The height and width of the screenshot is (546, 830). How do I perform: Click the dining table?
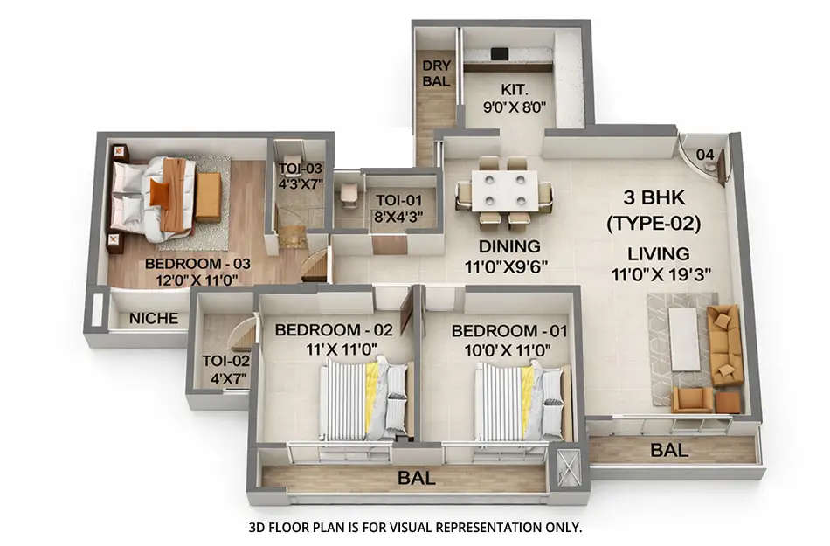504,190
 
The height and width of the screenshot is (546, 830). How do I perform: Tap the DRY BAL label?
436,73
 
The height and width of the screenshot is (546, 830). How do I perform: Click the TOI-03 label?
301,176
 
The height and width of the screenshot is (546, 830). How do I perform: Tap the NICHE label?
153,318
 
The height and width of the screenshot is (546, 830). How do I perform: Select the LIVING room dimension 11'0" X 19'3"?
662,273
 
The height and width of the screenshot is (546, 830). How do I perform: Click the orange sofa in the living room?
725,344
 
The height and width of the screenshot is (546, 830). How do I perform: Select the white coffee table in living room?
683,338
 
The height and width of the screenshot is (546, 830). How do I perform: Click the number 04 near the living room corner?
705,155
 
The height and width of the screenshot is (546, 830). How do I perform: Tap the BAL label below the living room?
670,451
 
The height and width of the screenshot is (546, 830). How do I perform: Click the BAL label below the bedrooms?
417,478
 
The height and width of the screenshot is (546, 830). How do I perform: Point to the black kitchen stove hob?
499,54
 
